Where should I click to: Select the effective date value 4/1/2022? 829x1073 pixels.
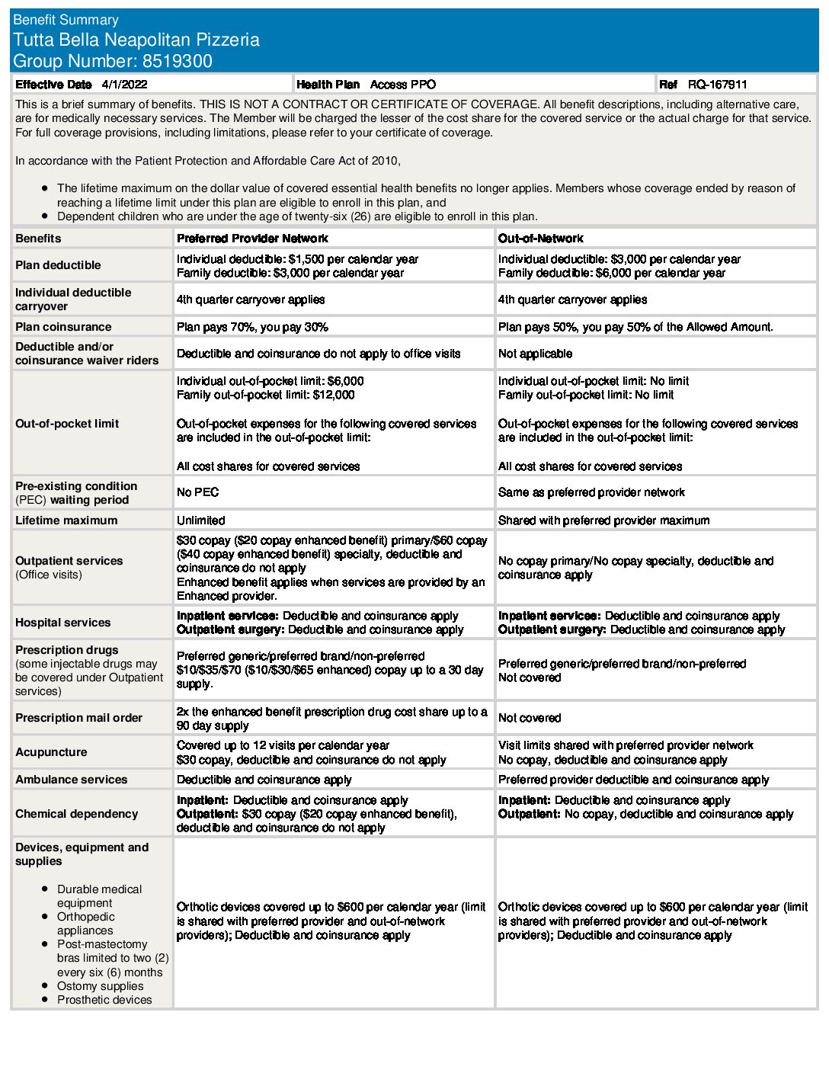[x=124, y=85]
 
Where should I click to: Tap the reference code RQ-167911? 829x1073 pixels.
[x=717, y=85]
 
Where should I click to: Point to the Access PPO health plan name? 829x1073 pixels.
[x=402, y=85]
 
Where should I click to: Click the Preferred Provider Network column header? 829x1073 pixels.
[x=252, y=239]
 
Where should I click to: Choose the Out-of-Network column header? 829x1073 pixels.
[x=540, y=239]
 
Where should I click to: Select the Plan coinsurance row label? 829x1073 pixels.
[x=63, y=327]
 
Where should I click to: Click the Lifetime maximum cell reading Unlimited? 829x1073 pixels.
[x=201, y=520]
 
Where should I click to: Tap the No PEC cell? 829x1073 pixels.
[x=197, y=492]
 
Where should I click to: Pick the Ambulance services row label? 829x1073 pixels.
[x=72, y=780]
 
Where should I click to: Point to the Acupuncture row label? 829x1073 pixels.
[x=51, y=752]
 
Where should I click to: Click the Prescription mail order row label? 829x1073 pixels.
[x=78, y=718]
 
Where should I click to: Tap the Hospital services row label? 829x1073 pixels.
[x=62, y=623]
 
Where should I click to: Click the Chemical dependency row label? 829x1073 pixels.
[x=76, y=814]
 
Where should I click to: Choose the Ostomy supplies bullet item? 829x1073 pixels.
[x=100, y=986]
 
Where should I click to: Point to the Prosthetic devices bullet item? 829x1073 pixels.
[x=104, y=1000]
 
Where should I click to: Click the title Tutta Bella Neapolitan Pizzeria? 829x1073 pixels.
[x=136, y=40]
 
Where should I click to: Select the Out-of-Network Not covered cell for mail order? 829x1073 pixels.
[x=530, y=718]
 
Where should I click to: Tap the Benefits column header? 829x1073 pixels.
[x=38, y=239]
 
